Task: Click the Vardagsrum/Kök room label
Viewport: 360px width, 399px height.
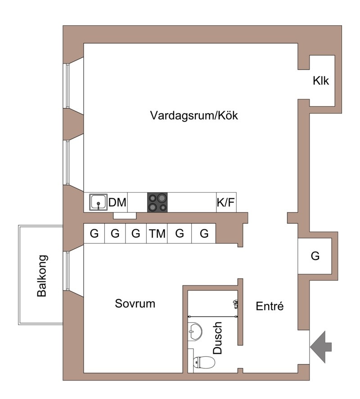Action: [194, 115]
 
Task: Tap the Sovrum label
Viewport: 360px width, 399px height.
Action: [135, 304]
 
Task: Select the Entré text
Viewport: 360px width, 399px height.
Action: [270, 306]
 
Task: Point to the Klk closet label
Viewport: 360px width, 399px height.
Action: [321, 81]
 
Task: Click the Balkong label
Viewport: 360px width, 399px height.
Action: [42, 276]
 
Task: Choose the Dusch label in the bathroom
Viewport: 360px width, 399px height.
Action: [217, 338]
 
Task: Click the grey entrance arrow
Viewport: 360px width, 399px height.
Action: [321, 347]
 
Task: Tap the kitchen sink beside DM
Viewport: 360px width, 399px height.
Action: [98, 202]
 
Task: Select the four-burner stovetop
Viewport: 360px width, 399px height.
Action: [157, 202]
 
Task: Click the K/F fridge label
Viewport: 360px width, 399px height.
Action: [225, 203]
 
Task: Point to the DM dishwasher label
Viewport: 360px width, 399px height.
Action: [117, 203]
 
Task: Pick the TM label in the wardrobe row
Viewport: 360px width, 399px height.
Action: [157, 234]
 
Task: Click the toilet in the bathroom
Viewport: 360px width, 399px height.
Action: [204, 363]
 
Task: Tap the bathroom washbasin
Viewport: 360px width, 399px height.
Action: [195, 331]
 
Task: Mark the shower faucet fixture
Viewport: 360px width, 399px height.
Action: [235, 304]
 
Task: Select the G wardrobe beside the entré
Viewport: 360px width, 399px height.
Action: [315, 256]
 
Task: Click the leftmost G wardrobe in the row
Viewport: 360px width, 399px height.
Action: [94, 233]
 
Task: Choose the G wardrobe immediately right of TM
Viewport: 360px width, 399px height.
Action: [180, 233]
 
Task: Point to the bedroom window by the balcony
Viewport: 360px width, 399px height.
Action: [67, 271]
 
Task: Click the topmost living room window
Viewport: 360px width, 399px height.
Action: [67, 86]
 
